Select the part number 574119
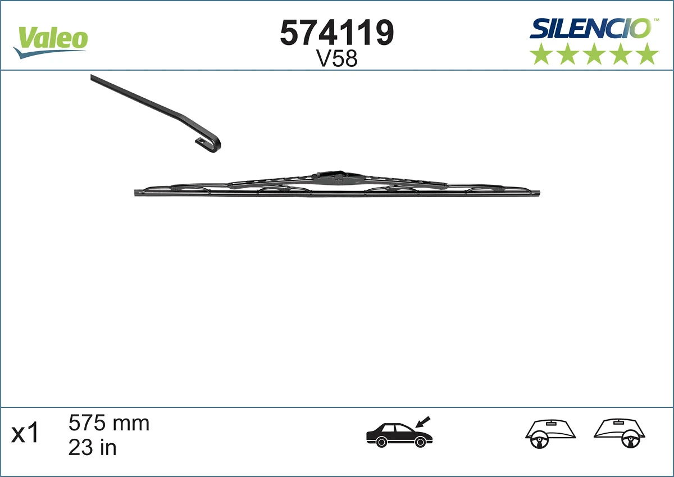pyautogui.click(x=337, y=33)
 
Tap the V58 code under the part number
pyautogui.click(x=337, y=59)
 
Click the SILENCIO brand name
pyautogui.click(x=590, y=29)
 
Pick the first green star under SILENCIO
pyautogui.click(x=541, y=54)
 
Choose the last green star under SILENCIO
pyautogui.click(x=648, y=54)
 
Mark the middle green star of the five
pyautogui.click(x=594, y=54)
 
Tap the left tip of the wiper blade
pyautogui.click(x=138, y=193)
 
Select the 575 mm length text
pyautogui.click(x=109, y=423)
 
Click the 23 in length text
pyautogui.click(x=93, y=447)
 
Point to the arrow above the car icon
pyautogui.click(x=422, y=421)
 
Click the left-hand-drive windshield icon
pyautogui.click(x=551, y=433)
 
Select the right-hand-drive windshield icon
pyautogui.click(x=620, y=433)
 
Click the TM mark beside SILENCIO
pyautogui.click(x=655, y=19)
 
